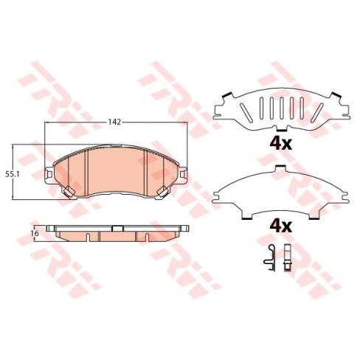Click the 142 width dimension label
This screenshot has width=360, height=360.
115,122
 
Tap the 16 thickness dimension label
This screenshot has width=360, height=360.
35,233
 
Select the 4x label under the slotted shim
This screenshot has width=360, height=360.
280,144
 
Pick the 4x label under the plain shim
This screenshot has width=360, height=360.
280,226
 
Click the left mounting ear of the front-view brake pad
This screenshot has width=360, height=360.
49,174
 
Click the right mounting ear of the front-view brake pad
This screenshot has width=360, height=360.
183,174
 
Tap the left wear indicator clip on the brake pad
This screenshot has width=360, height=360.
69,192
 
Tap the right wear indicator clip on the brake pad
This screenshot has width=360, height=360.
163,192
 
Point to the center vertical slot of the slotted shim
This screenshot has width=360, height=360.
281,108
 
